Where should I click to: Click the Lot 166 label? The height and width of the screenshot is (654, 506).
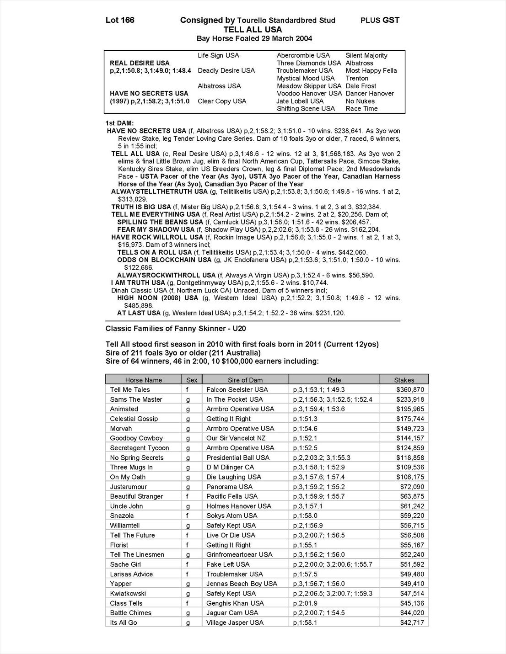point(120,20)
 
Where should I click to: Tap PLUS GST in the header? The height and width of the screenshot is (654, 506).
point(380,20)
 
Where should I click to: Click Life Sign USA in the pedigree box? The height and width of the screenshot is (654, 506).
point(218,55)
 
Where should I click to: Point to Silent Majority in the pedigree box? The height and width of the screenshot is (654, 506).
point(366,55)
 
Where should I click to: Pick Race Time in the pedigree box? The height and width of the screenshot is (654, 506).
point(361,108)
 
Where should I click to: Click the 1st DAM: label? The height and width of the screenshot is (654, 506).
point(119,123)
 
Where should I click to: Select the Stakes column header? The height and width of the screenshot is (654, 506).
point(404,380)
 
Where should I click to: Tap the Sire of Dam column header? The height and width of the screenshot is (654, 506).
point(245,380)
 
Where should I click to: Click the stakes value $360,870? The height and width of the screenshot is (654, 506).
point(410,389)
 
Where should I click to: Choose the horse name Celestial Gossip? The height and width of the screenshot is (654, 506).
point(134,419)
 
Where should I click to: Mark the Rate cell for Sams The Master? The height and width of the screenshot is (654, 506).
point(333,399)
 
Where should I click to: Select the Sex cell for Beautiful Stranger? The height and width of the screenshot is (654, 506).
point(188,496)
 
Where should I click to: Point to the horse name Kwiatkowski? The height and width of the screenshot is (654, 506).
point(128,593)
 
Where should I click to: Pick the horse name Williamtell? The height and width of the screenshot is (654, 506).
point(125,526)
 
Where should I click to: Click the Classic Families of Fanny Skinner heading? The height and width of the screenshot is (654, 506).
point(176,328)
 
